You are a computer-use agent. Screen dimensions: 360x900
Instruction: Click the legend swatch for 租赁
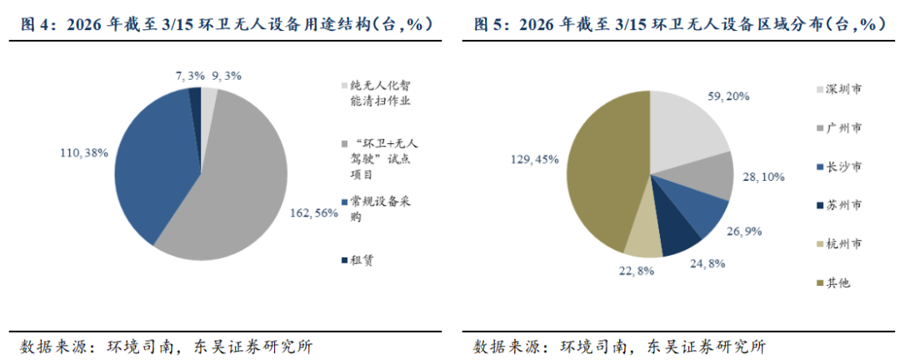(x=344, y=261)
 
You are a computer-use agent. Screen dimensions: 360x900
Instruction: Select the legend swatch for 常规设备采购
(x=344, y=202)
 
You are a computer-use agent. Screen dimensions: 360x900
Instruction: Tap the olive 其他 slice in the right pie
(x=604, y=171)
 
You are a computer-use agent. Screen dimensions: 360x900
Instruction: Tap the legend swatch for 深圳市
(x=819, y=89)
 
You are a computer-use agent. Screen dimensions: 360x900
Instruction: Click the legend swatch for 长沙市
(x=819, y=167)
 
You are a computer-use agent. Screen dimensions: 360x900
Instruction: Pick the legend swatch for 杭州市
(x=819, y=245)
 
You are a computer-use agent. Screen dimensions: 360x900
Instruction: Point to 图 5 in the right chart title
(x=488, y=23)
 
